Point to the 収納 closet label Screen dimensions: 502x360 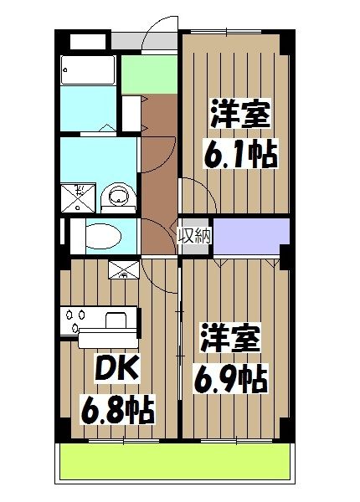click(x=192, y=233)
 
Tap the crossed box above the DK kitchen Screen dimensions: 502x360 click(x=124, y=269)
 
